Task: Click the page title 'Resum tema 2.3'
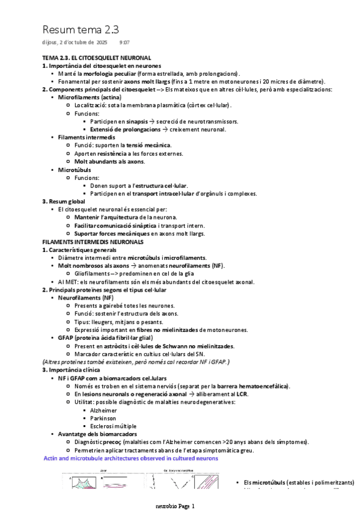[81, 29]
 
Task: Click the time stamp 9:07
[124, 43]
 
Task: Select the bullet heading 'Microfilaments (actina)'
[89, 97]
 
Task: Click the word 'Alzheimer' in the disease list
[104, 410]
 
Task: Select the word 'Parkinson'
[104, 418]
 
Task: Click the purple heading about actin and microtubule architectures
[131, 458]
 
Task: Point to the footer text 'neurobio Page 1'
[175, 506]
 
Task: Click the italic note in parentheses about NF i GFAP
[136, 361]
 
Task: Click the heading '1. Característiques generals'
[80, 250]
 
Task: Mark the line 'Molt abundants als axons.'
[109, 161]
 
